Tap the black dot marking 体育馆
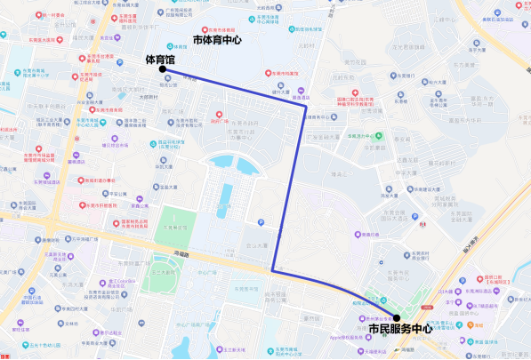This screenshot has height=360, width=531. click(x=162, y=68)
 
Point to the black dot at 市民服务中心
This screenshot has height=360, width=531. click(x=397, y=317)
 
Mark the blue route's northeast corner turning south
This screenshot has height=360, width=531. click(x=306, y=106)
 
